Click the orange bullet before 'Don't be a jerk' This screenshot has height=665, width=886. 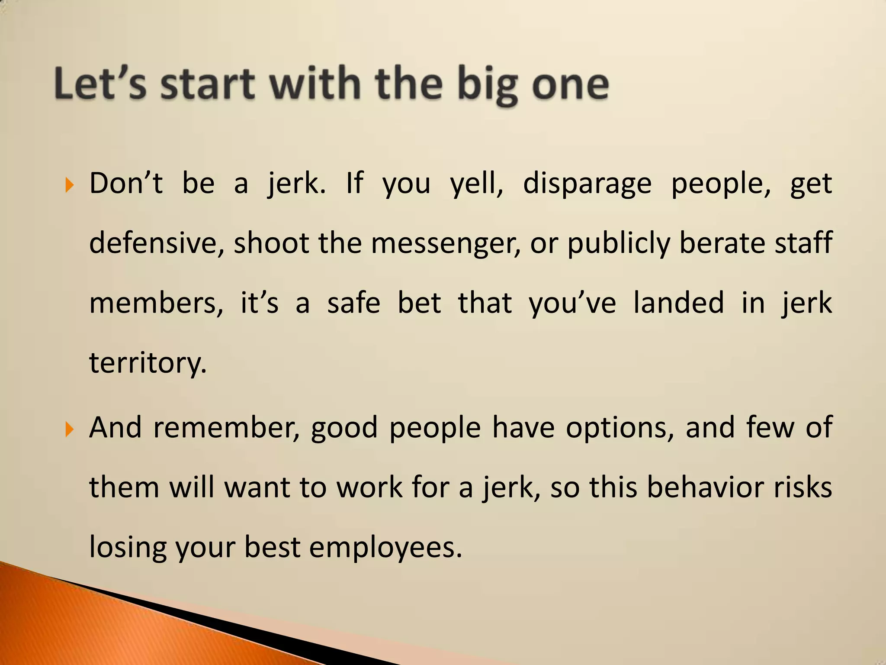click(x=69, y=186)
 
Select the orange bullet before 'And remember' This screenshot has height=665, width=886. click(x=69, y=430)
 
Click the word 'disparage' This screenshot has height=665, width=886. click(x=587, y=184)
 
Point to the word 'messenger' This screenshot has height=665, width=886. click(x=446, y=243)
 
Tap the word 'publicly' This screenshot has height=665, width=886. click(x=618, y=244)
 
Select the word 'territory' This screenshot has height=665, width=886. click(x=147, y=363)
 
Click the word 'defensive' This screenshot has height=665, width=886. click(x=156, y=243)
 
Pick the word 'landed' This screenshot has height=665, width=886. click(x=678, y=303)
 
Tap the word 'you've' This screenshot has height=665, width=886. click(x=572, y=303)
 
